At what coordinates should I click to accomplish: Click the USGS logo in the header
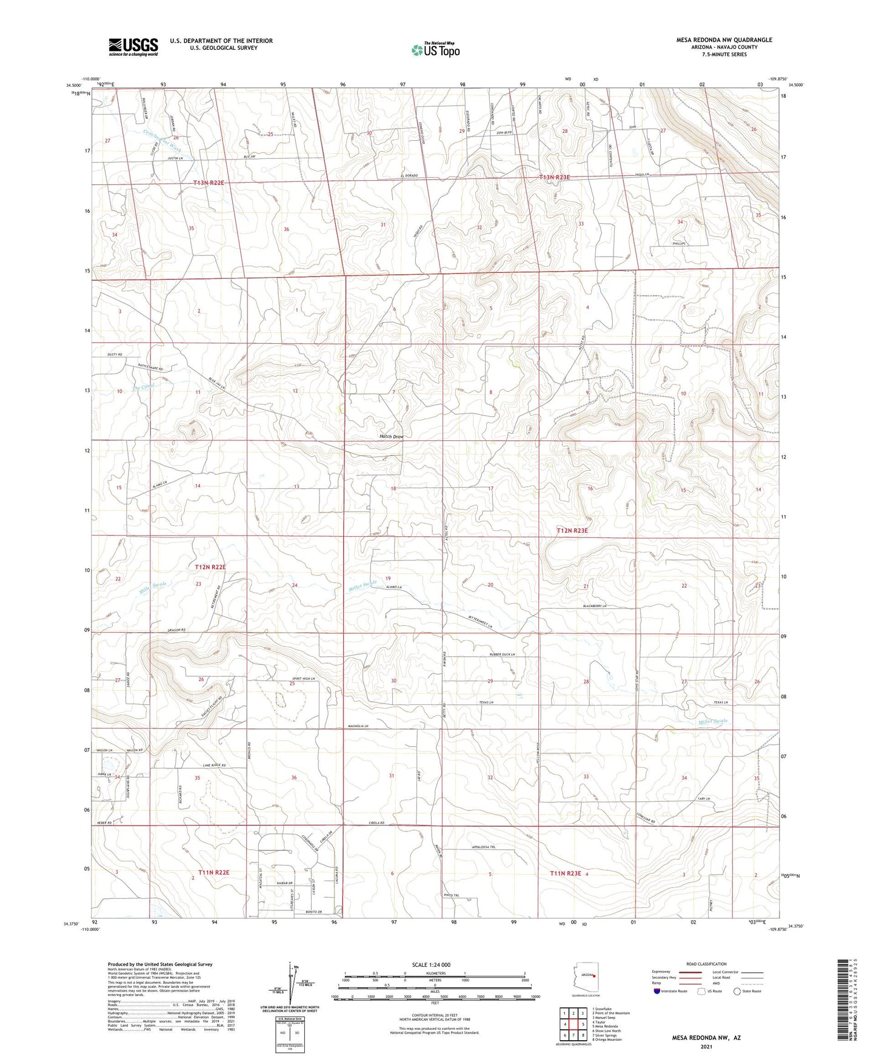(x=133, y=46)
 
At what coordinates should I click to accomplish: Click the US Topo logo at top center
(x=435, y=50)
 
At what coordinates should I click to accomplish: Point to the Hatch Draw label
(x=391, y=437)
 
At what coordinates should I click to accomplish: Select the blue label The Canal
(x=144, y=386)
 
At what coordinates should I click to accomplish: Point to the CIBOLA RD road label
(x=376, y=823)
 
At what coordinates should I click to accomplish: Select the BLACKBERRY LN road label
(x=595, y=606)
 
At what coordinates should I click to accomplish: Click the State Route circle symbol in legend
(x=737, y=991)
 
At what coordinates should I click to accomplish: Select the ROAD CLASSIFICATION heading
(x=707, y=964)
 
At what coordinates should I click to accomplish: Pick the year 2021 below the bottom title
(x=706, y=1047)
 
